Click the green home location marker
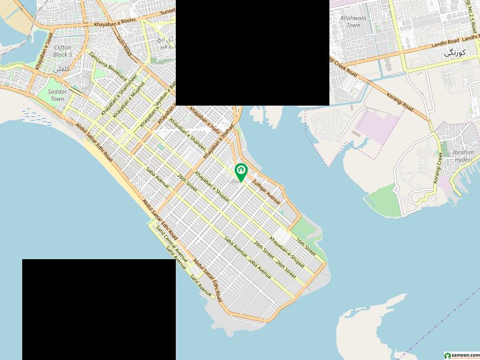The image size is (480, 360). (241, 172)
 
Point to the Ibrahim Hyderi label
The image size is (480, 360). (463, 156)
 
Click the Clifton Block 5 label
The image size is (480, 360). (62, 50)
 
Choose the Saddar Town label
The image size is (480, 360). (57, 95)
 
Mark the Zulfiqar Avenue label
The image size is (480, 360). (266, 190)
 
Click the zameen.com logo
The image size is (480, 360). (461, 355)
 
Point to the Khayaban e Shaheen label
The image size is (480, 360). (188, 136)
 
